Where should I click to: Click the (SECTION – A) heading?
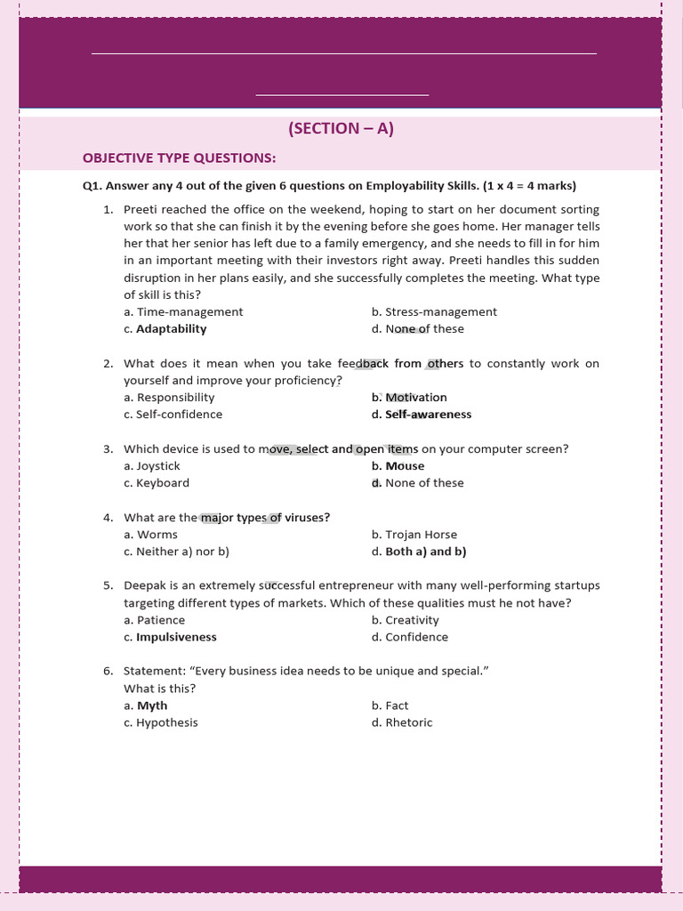tap(341, 128)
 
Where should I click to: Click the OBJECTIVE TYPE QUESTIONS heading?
tap(179, 157)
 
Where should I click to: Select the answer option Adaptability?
tap(171, 328)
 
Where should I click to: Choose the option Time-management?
tap(189, 311)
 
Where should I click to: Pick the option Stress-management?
tap(440, 311)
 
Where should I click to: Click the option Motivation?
tap(415, 397)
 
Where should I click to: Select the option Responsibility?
tap(175, 397)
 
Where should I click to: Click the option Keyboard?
tap(162, 482)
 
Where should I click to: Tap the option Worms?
tap(157, 534)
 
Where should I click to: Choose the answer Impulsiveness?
tap(176, 636)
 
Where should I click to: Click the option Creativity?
tap(412, 619)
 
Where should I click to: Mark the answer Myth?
tap(151, 705)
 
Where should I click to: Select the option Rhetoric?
tap(408, 722)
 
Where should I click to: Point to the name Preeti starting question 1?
tap(141, 209)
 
